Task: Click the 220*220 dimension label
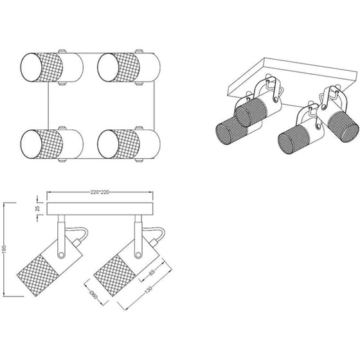pos(100,192)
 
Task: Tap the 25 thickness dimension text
pos(38,208)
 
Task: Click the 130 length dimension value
pos(148,290)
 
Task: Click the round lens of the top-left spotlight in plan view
pos(32,67)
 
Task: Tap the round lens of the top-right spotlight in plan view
pos(108,67)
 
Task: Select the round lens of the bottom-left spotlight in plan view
pos(32,144)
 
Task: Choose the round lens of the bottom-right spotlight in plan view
pos(108,144)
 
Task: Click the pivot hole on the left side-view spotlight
pos(61,255)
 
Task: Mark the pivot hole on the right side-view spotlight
pos(138,255)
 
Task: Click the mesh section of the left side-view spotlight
pos(38,276)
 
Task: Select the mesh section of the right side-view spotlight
pos(115,276)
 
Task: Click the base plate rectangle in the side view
pos(100,209)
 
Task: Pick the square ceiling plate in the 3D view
pos(292,83)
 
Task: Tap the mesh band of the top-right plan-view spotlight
pos(126,67)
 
